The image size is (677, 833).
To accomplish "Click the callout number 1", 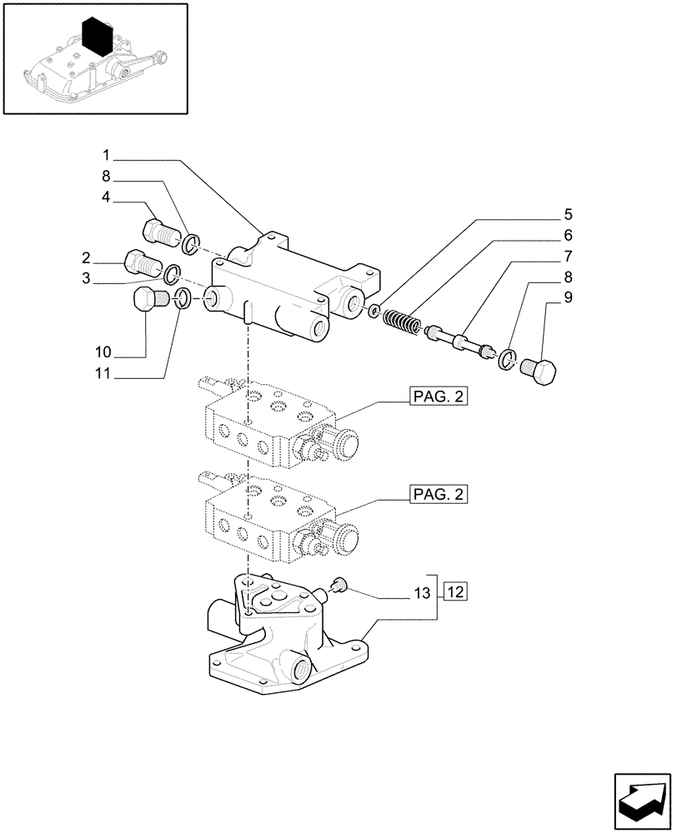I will click(107, 155).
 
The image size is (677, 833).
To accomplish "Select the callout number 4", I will click(107, 197).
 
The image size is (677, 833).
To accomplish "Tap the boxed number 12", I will click(454, 593).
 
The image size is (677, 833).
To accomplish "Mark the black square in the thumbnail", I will click(98, 37).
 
